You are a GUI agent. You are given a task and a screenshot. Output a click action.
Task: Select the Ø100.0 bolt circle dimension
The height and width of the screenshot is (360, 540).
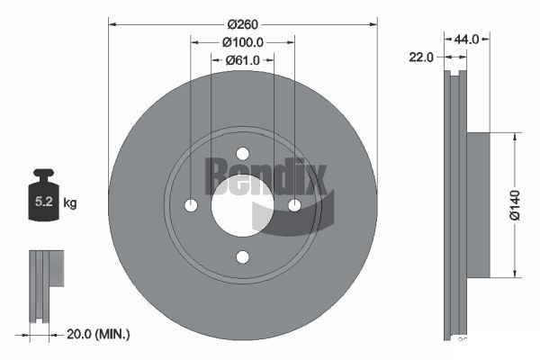pos(243,41)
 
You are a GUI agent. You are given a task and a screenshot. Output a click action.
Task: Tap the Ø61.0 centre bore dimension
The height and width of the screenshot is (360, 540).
pos(243,59)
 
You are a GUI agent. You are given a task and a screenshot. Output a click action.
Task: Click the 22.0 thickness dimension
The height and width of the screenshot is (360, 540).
pos(421,56)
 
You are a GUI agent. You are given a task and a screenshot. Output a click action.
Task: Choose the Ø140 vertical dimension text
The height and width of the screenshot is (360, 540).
pos(514,203)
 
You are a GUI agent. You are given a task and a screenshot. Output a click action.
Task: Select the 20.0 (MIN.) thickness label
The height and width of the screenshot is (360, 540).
pos(98,335)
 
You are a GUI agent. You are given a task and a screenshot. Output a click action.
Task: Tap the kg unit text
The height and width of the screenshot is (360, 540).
pos(70,203)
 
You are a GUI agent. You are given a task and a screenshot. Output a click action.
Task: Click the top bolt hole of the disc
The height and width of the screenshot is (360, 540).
pos(242,154)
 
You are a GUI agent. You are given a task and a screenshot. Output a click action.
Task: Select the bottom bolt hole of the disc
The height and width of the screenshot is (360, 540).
pos(242,257)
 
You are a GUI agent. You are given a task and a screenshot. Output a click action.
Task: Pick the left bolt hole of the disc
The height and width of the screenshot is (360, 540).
pos(191,205)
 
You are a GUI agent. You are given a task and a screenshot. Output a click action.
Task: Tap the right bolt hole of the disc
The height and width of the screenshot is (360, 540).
pos(294,205)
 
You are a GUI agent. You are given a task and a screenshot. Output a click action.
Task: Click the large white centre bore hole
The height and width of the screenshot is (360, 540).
pos(240,205)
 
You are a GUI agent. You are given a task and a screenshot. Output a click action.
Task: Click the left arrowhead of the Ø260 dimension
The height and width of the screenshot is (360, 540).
pos(112,23)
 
